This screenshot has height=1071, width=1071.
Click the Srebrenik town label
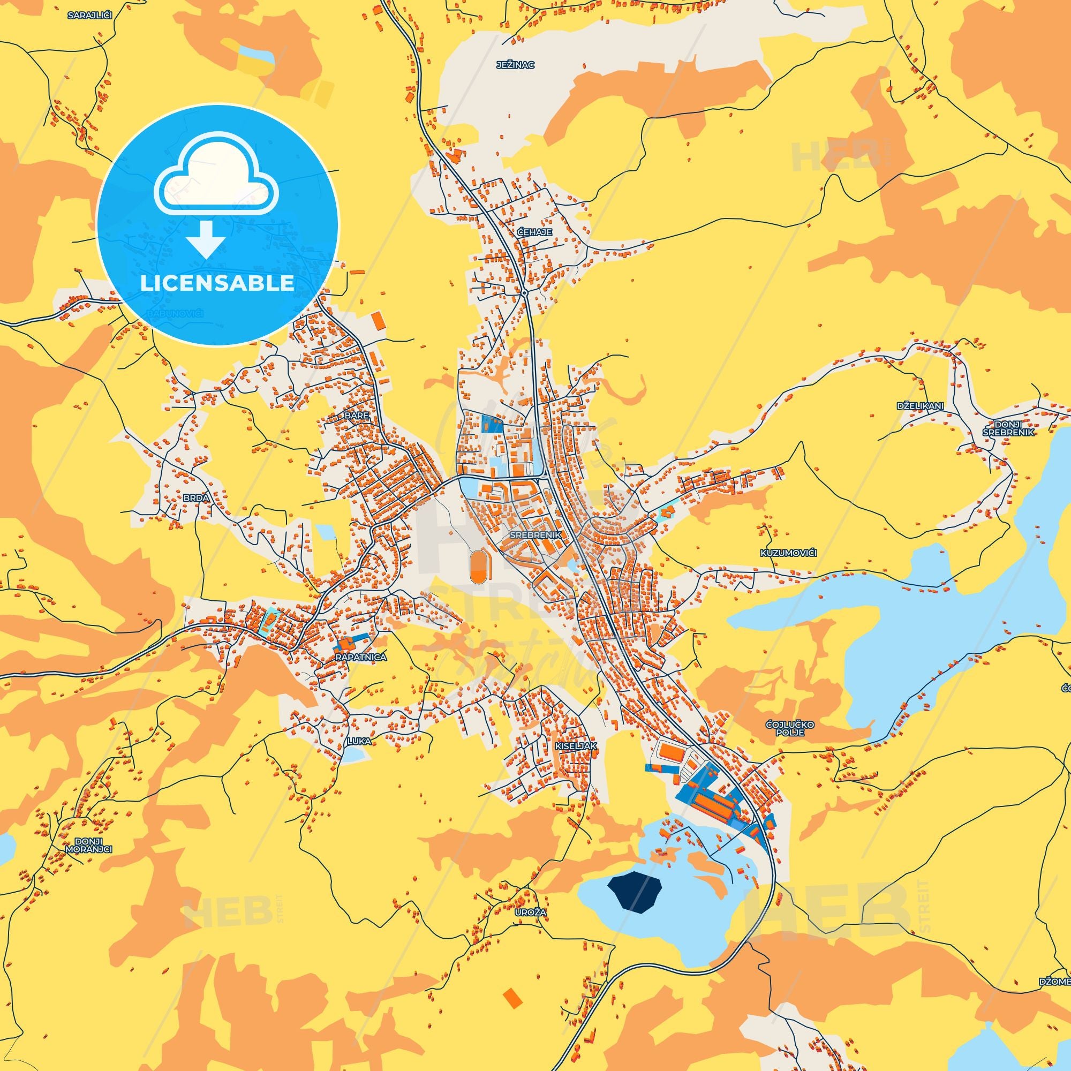point(535,535)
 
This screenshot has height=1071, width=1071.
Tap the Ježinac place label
point(516,65)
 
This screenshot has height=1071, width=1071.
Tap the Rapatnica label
point(361,657)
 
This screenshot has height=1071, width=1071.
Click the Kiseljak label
point(576,746)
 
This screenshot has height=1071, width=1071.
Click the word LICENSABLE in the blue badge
point(217,283)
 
